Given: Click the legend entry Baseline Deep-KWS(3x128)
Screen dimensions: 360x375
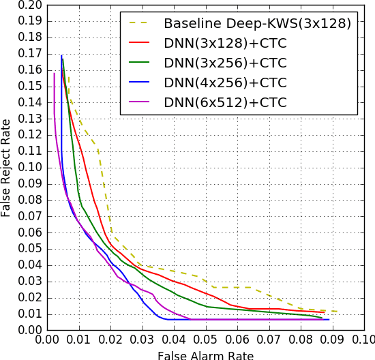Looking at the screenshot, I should [257, 24].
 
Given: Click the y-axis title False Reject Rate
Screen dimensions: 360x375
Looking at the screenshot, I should [7, 168].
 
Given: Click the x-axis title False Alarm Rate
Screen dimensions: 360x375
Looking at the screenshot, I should [205, 355].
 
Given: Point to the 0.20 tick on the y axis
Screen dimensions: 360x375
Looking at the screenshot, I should [30, 5].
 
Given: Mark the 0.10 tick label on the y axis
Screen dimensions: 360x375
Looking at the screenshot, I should [30, 168].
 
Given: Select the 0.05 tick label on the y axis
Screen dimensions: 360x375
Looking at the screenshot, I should [30, 249].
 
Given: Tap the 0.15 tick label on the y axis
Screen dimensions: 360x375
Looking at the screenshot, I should [30, 87].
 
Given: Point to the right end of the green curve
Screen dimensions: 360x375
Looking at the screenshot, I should [322, 318].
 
